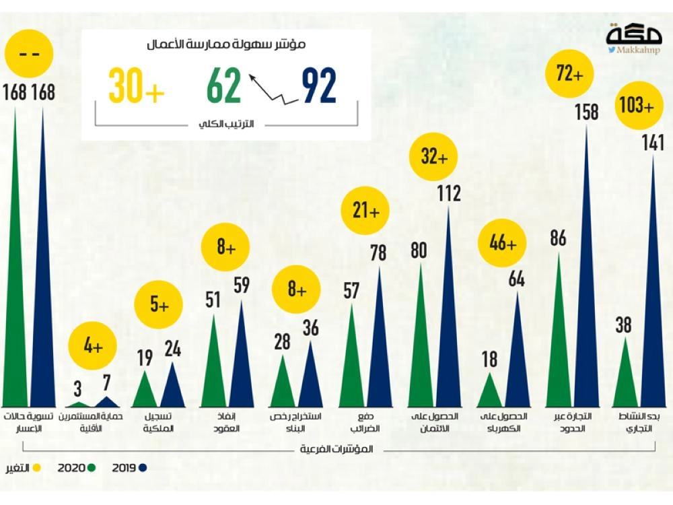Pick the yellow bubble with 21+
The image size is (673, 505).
367,211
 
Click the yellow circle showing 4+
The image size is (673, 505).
93,347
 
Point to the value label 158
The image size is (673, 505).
586,112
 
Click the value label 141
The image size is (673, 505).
653,143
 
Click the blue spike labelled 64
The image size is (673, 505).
516,357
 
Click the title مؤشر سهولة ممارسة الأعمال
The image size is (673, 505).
226,45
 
